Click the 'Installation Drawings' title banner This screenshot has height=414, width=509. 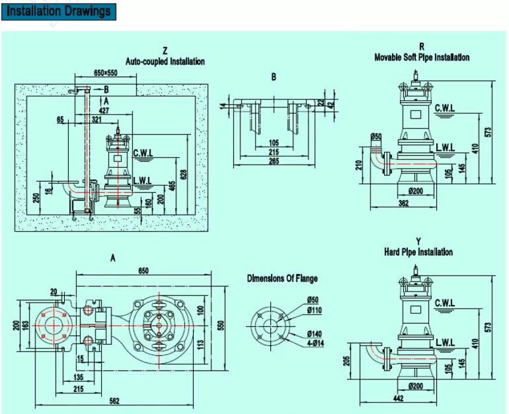(59, 11)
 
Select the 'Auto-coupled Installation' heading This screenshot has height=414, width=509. (165, 61)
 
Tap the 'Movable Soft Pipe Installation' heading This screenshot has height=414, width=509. (422, 57)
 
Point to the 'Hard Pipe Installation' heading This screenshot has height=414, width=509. (418, 252)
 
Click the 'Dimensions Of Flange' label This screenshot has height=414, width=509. (282, 279)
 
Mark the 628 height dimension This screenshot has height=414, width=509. (183, 173)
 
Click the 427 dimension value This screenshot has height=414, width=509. (104, 110)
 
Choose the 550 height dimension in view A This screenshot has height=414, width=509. (222, 325)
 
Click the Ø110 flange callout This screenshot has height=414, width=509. (313, 310)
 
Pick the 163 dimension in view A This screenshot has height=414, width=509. (26, 325)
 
